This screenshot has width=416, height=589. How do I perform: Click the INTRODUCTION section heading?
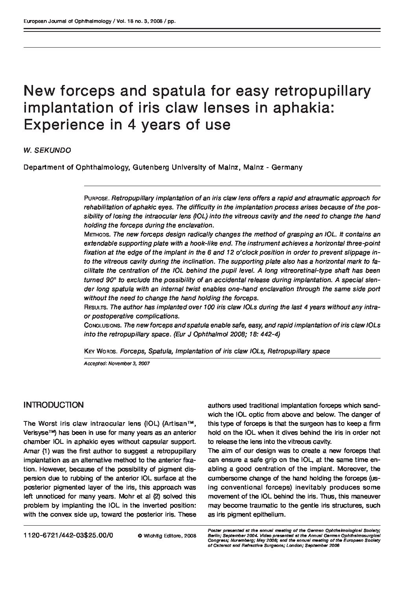pyautogui.click(x=53, y=405)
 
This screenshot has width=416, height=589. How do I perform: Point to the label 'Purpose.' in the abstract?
pyautogui.click(x=97, y=198)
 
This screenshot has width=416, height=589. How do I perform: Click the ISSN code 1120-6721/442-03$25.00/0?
pyautogui.click(x=68, y=536)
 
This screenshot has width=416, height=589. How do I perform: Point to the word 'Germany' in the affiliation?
pyautogui.click(x=288, y=167)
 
